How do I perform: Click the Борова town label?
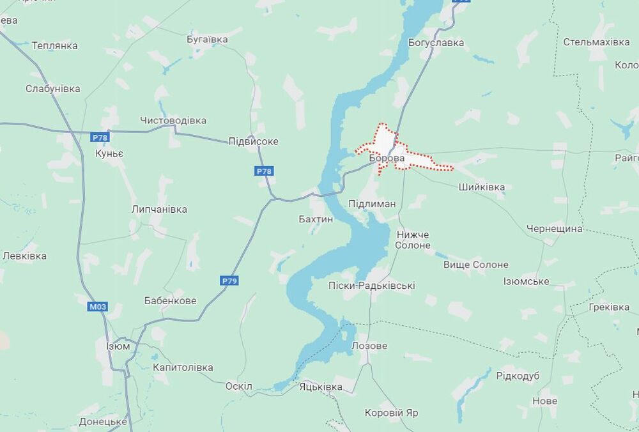(387, 157)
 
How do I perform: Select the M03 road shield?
(98, 307)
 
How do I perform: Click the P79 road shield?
(230, 281)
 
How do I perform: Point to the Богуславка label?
(436, 43)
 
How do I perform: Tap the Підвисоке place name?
(254, 141)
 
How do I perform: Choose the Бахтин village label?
(316, 219)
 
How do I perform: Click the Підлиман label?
(372, 203)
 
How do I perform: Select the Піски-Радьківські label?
(371, 285)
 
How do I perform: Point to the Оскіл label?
(239, 386)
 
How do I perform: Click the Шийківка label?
(482, 187)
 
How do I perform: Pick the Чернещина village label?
(555, 228)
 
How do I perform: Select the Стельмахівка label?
(596, 42)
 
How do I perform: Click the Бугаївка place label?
(207, 39)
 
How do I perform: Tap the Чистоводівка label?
(173, 120)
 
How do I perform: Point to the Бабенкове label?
(170, 300)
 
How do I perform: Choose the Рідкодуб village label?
(518, 376)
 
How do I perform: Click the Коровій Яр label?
(391, 413)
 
